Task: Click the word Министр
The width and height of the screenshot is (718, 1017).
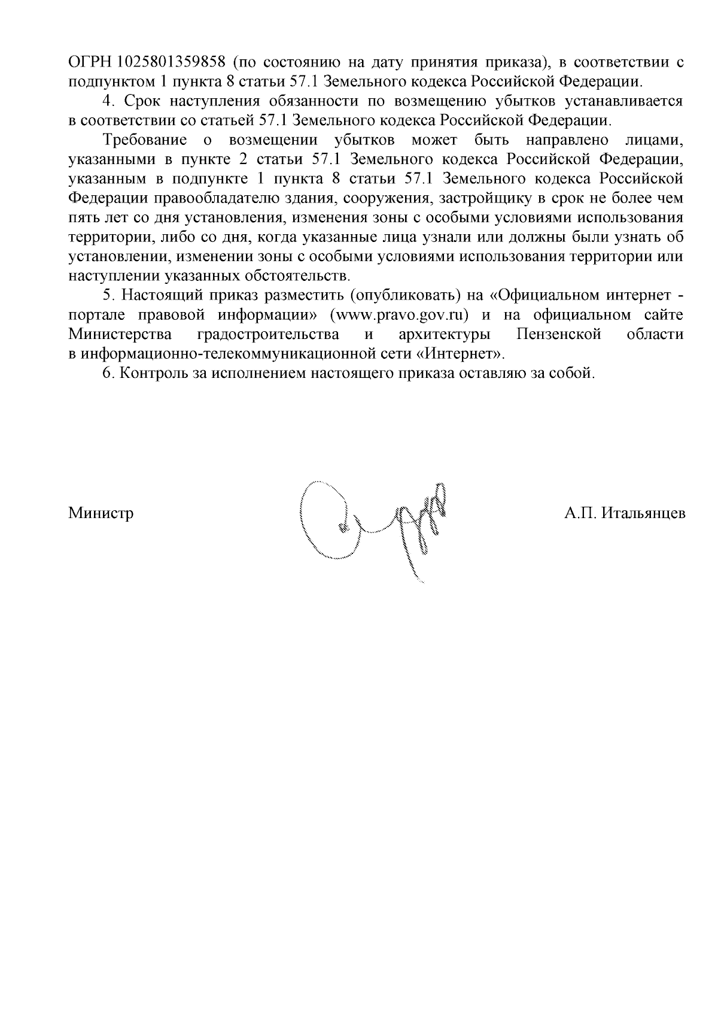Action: pos(101,513)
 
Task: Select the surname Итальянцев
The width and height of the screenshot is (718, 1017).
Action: pos(643,513)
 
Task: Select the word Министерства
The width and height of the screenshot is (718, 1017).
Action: pos(120,334)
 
